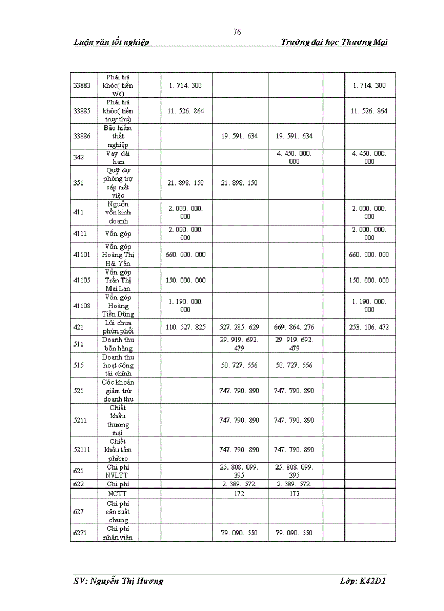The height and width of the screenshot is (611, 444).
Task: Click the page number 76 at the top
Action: click(237, 32)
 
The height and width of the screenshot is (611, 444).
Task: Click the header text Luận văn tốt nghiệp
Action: click(111, 42)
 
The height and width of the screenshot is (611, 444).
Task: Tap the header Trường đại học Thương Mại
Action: click(335, 42)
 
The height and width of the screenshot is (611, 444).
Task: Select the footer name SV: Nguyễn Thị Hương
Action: click(118, 581)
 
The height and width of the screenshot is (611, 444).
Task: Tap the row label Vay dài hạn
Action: click(119, 157)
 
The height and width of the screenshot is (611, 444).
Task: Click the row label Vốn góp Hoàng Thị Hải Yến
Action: click(119, 255)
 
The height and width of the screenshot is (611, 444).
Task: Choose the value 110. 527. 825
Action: click(186, 327)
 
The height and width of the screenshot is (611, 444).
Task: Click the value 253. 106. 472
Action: click(369, 327)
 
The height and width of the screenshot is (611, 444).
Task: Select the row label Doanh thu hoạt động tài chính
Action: click(119, 365)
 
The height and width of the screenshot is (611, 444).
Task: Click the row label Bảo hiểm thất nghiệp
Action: click(119, 136)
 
